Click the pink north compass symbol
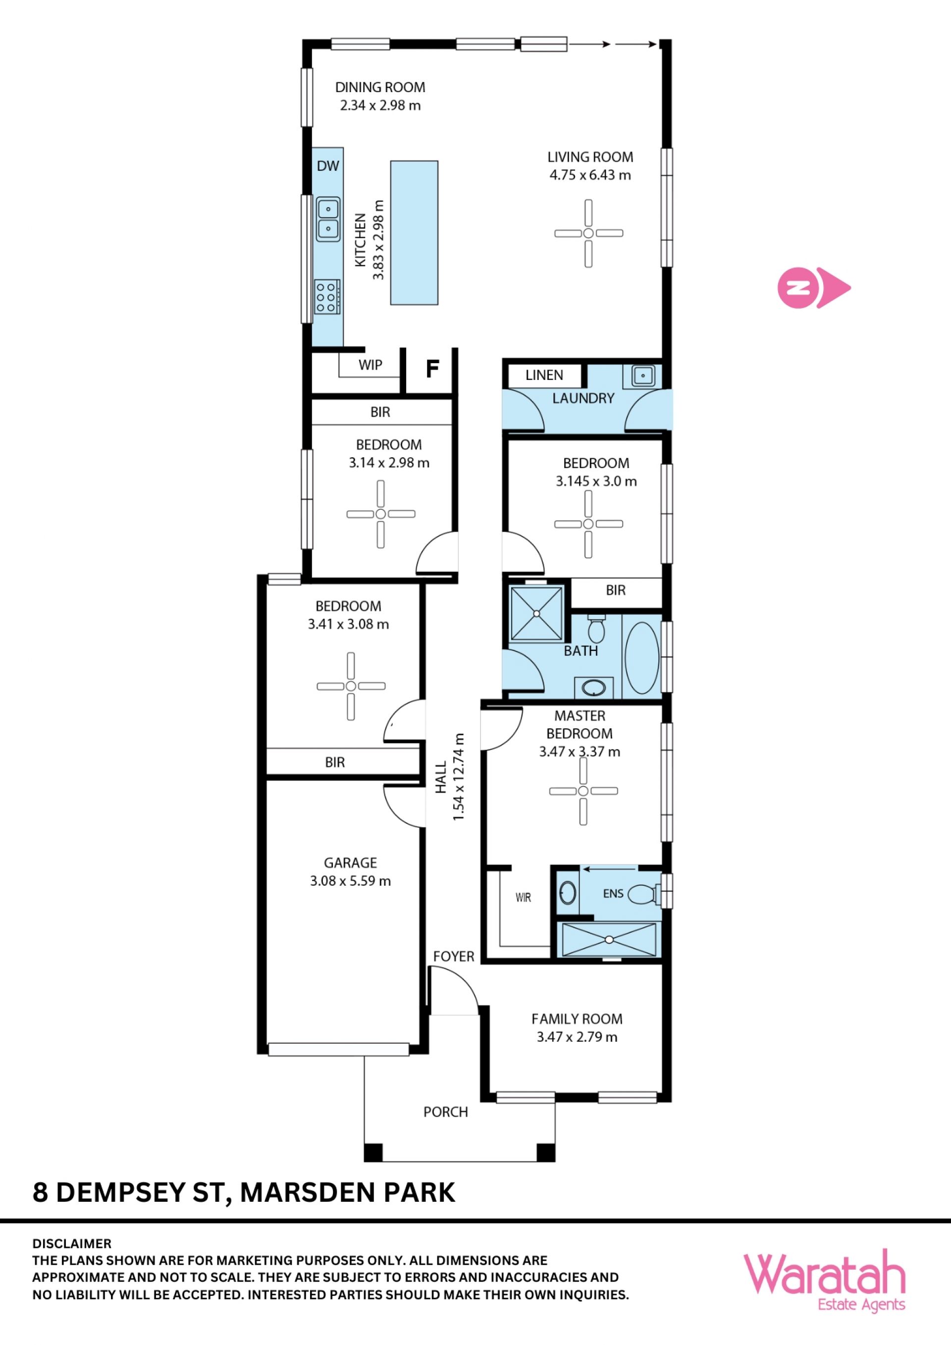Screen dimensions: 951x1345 coord(813,288)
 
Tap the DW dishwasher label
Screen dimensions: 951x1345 coord(328,166)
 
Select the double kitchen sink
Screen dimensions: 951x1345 coord(328,219)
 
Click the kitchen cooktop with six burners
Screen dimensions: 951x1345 coord(327,297)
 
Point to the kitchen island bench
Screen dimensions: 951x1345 coord(414,232)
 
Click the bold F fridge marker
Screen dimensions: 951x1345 coord(432,369)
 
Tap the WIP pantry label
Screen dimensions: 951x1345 coord(370,365)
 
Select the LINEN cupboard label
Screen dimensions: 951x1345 coord(544,375)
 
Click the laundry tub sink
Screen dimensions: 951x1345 coord(643,376)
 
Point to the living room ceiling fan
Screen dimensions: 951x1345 coord(588,233)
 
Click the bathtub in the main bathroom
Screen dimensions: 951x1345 coord(642,658)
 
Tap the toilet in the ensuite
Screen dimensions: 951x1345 coord(645,894)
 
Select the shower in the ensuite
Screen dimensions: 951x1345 coord(609,940)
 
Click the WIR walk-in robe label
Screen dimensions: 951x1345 coord(523,898)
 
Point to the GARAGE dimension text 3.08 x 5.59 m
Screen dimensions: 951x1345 coord(350,880)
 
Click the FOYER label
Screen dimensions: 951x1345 coord(454,956)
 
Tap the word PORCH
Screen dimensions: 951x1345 coord(446,1112)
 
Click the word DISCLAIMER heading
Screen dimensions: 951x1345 coord(71,1243)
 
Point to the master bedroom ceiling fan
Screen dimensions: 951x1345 coord(583,791)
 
